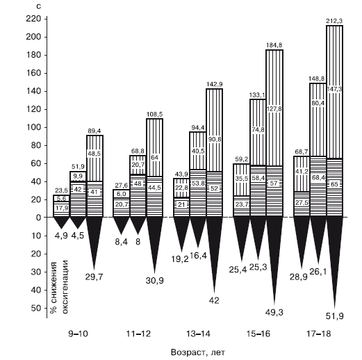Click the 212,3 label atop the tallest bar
(334, 21)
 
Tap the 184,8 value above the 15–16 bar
(274, 45)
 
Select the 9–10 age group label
(78, 334)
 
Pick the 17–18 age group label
(318, 334)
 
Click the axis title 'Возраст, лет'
(198, 352)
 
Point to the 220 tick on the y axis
(33, 19)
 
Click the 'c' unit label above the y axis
(39, 6)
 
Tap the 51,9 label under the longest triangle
(334, 316)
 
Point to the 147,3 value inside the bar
(334, 89)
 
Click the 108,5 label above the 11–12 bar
(155, 115)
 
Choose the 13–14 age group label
(198, 334)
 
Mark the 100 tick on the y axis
(33, 127)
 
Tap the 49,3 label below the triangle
(274, 313)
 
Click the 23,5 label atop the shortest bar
(61, 190)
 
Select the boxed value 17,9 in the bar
(62, 208)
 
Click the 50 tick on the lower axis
(36, 308)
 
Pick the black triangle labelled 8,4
(122, 224)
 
